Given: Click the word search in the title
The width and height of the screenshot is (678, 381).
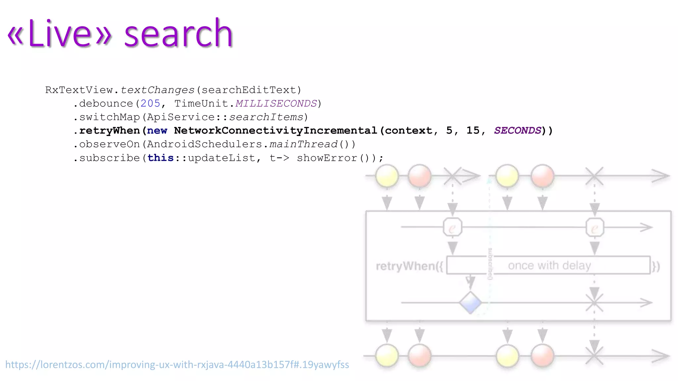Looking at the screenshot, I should coord(178,34).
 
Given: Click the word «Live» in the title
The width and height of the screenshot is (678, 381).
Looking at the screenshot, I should coord(60,34).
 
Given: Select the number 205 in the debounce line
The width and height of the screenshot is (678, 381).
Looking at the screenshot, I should coord(150,104).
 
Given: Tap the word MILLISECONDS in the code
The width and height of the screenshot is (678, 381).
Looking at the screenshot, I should coord(276,104).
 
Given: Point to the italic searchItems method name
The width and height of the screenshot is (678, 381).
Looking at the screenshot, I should coord(266,117).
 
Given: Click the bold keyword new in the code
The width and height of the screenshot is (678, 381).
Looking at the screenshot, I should coord(157,131).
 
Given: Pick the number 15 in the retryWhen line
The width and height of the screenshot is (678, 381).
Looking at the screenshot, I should coord(473,131).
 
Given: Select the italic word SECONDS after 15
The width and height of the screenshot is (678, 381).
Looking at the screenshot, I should coord(517,131).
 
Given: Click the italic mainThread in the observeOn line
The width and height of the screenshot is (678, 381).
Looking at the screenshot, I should coord(304,144).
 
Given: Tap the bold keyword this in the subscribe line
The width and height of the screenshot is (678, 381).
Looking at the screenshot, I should coord(161,158).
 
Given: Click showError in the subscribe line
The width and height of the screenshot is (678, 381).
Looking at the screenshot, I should coord(327,158).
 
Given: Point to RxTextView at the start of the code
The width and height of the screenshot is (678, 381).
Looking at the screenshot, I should coord(79,90).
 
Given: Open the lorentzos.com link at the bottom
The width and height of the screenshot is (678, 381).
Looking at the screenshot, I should coord(177,364).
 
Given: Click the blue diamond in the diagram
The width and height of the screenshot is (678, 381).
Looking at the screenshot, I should coord(470,303).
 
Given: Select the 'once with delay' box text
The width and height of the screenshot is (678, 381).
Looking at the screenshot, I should coord(549,265).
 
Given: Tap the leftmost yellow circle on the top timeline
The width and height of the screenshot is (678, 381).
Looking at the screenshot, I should coord(387,176).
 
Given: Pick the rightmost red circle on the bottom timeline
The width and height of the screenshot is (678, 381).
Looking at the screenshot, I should coord(542,356).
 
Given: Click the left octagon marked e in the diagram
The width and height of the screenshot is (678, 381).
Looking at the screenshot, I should coord(452,228).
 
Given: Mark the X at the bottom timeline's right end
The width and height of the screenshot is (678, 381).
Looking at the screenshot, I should coord(594,356).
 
